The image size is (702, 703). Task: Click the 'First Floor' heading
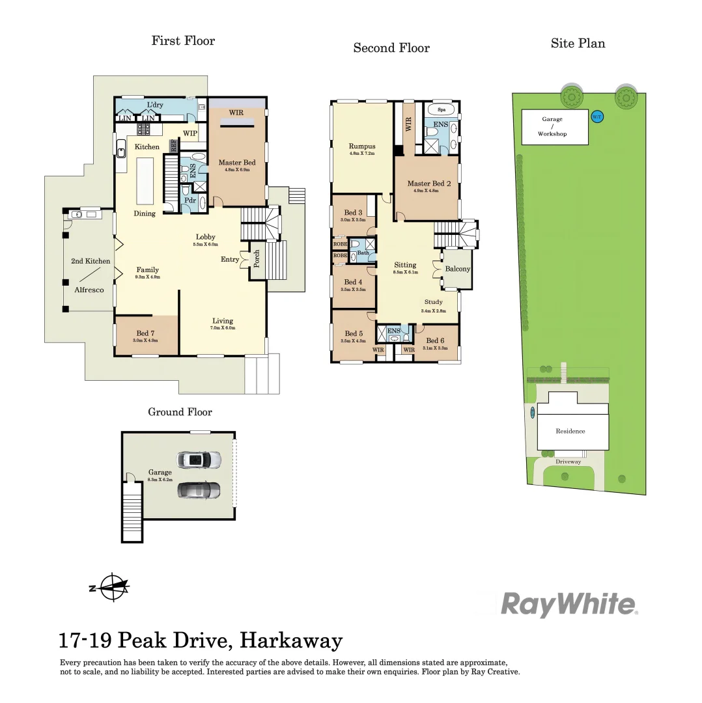pyautogui.click(x=183, y=41)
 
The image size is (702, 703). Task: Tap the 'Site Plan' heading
pyautogui.click(x=578, y=44)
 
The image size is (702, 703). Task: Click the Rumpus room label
pyautogui.click(x=361, y=146)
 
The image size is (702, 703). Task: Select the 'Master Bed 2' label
pyautogui.click(x=424, y=184)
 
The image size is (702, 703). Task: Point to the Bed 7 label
pyautogui.click(x=146, y=333)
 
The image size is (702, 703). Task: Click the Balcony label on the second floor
pyautogui.click(x=457, y=269)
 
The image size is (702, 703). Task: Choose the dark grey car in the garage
pyautogui.click(x=199, y=489)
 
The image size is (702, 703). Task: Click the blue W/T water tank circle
pyautogui.click(x=597, y=117)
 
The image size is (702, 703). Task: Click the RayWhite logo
pyautogui.click(x=569, y=605)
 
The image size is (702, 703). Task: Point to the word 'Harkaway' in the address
pyautogui.click(x=291, y=641)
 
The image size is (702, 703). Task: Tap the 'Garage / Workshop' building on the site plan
pyautogui.click(x=555, y=126)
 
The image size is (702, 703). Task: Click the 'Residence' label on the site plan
pyautogui.click(x=570, y=431)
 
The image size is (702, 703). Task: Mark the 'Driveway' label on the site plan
pyautogui.click(x=569, y=462)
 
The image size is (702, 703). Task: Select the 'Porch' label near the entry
pyautogui.click(x=257, y=258)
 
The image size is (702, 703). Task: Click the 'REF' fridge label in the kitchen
pyautogui.click(x=174, y=146)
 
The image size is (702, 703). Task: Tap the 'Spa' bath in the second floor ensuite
pyautogui.click(x=442, y=110)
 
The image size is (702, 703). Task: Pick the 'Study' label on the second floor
pyautogui.click(x=433, y=302)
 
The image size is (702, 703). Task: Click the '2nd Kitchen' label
pyautogui.click(x=91, y=261)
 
